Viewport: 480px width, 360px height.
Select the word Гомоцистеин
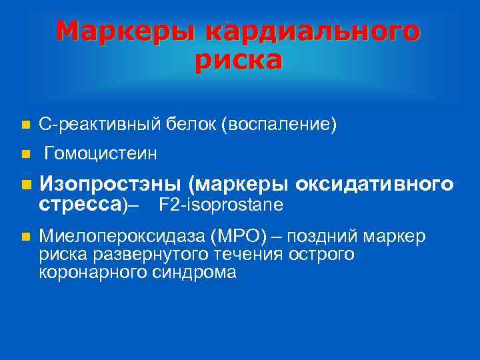(x=101, y=155)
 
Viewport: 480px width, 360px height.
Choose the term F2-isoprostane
(x=221, y=203)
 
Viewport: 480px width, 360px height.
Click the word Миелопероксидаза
(x=121, y=237)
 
